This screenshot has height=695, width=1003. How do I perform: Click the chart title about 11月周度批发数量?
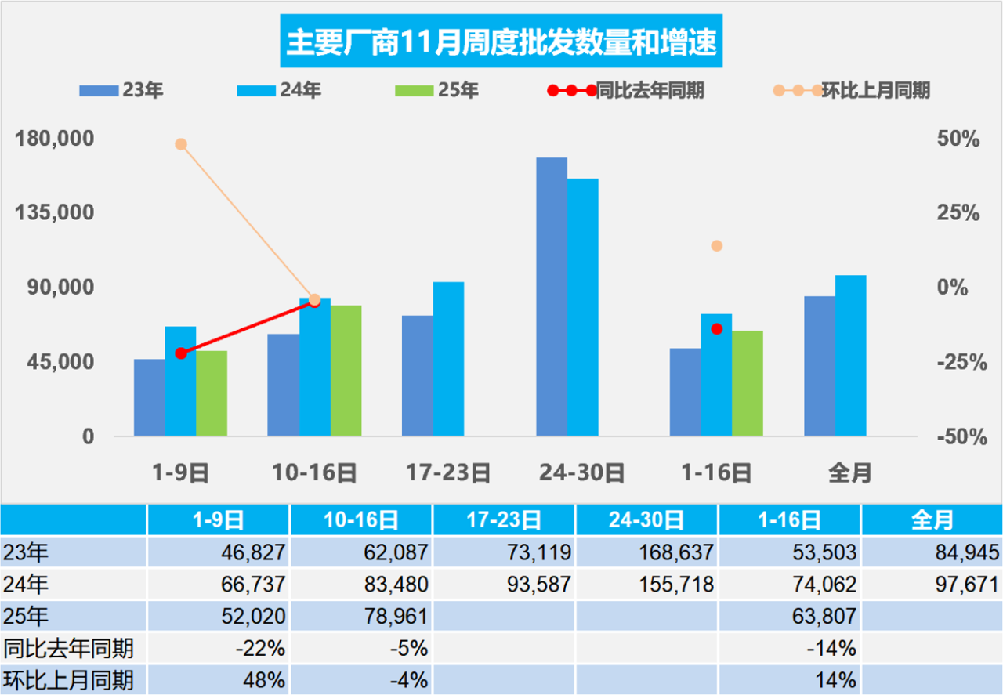coord(501,43)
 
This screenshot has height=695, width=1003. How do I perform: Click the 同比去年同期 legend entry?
coord(626,91)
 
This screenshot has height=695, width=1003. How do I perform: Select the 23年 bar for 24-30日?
coord(552,297)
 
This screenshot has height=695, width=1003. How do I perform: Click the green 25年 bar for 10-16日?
coord(346,370)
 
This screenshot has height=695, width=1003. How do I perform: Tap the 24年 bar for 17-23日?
coord(448,358)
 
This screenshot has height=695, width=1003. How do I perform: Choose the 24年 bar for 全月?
coord(850,355)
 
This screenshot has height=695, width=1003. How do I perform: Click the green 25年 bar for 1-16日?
coord(747,382)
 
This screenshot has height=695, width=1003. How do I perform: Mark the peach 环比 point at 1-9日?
coord(181,144)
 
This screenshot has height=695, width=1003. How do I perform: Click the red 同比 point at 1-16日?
coord(716,329)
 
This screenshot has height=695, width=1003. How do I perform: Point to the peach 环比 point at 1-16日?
coord(716,246)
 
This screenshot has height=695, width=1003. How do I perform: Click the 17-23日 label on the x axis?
coord(448,473)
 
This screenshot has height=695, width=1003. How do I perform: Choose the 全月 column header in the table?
coord(932,519)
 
